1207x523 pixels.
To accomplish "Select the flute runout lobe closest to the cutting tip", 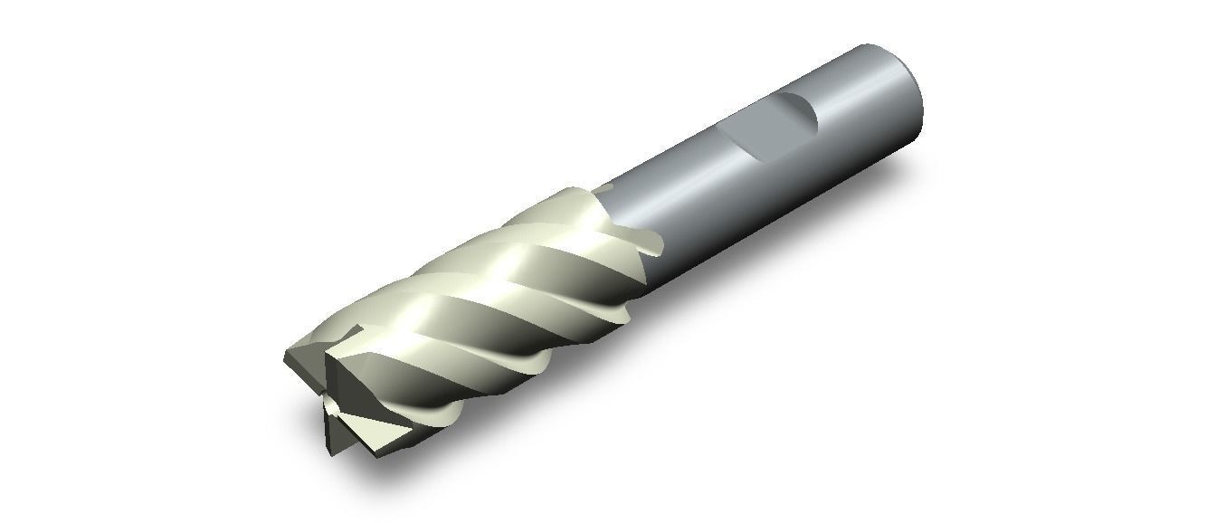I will click(x=443, y=417).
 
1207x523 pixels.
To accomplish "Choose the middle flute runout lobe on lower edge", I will click(x=538, y=362).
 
